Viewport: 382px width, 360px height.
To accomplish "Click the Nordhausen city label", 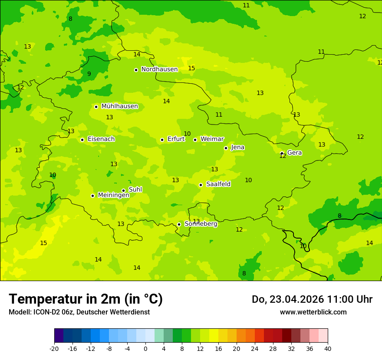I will point(159,69).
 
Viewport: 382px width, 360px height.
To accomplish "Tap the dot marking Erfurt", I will point(162,140).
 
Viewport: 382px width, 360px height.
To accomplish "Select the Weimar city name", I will point(212,139).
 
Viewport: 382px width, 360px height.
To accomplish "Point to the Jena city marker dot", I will point(226,148).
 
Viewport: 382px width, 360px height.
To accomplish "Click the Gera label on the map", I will point(294,153).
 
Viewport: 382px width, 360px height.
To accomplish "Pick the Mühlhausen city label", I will point(119,106).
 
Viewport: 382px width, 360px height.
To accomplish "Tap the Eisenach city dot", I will point(82,140).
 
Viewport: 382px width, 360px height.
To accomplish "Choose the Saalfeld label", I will point(218,184).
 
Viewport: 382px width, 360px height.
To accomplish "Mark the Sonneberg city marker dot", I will point(179,224).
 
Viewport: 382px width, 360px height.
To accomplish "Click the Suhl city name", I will point(135,190).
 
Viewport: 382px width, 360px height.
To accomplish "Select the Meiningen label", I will point(113,195).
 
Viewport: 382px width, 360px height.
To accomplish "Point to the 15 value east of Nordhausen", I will point(191,69).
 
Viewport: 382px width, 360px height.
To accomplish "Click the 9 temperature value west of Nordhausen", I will point(89,74).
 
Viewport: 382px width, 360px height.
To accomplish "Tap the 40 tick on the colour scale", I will point(328,348).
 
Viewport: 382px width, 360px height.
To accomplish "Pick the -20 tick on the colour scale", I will point(54,348).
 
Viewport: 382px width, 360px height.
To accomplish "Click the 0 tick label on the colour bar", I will point(145,348).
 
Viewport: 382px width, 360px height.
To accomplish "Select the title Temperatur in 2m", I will point(86,299).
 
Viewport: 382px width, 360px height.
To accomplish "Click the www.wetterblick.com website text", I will point(313,312).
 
